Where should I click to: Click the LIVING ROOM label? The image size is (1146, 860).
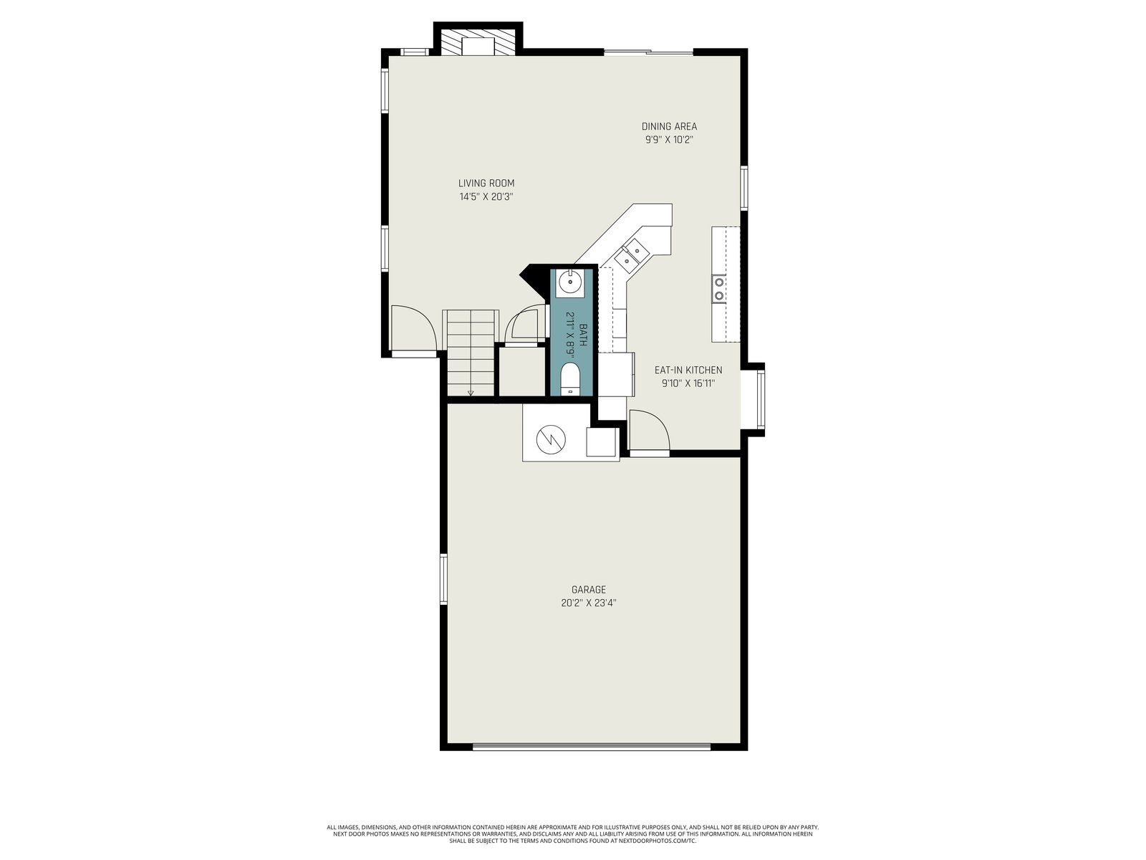(x=486, y=183)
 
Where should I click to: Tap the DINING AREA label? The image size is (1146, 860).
(x=669, y=126)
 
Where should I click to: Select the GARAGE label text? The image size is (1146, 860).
(x=589, y=590)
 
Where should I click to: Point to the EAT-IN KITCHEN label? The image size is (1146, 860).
(x=688, y=371)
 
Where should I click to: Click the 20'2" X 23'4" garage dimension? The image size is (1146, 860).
(x=589, y=603)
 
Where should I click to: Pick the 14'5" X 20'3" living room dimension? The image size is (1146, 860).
(x=486, y=197)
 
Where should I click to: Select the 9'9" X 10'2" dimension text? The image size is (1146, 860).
(x=669, y=140)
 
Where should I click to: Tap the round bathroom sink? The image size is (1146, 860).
(x=569, y=282)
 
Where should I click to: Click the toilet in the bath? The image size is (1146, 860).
(x=569, y=379)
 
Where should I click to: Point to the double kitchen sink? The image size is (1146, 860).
(x=631, y=255)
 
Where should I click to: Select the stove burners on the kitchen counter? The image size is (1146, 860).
(x=719, y=289)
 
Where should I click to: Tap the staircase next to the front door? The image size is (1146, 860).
(x=471, y=353)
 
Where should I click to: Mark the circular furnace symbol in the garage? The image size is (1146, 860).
(x=551, y=439)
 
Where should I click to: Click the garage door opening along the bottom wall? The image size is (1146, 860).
(x=592, y=747)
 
